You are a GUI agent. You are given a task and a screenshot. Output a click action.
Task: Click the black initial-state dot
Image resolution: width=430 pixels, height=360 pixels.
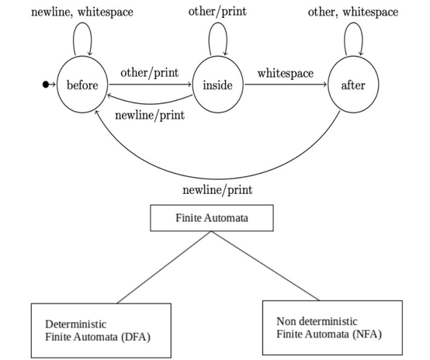[x=46, y=85]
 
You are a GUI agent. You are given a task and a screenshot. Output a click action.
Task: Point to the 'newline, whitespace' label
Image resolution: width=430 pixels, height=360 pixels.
[x=82, y=12]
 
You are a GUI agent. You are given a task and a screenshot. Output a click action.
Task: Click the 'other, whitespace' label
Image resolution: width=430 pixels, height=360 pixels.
[x=353, y=12]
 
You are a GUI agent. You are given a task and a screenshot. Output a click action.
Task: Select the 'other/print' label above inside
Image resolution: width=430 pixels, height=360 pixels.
[x=217, y=12]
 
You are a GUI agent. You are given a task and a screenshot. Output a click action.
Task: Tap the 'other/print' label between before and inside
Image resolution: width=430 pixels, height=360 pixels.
[x=150, y=73]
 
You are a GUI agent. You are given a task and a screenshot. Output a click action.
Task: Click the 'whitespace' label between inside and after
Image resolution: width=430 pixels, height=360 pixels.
[x=286, y=74]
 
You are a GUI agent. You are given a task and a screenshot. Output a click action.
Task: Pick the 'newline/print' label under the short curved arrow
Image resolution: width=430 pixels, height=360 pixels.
[x=150, y=116]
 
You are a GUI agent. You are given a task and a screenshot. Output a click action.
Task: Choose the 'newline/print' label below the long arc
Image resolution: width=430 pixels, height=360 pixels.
[x=217, y=190]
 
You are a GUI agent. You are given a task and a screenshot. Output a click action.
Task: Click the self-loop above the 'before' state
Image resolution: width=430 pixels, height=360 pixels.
[x=82, y=22]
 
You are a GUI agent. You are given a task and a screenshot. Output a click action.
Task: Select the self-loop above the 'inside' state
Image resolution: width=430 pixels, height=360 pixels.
[x=218, y=22]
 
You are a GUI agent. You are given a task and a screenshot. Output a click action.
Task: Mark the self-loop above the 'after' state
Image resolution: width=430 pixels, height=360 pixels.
[x=353, y=22]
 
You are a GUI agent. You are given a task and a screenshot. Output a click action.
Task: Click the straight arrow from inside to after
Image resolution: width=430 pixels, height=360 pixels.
[x=286, y=85]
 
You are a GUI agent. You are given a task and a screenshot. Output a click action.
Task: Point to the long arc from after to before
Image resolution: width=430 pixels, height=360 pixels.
[x=217, y=179]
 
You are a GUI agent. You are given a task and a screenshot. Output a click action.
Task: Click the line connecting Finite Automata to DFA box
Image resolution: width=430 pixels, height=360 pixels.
[x=164, y=268]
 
